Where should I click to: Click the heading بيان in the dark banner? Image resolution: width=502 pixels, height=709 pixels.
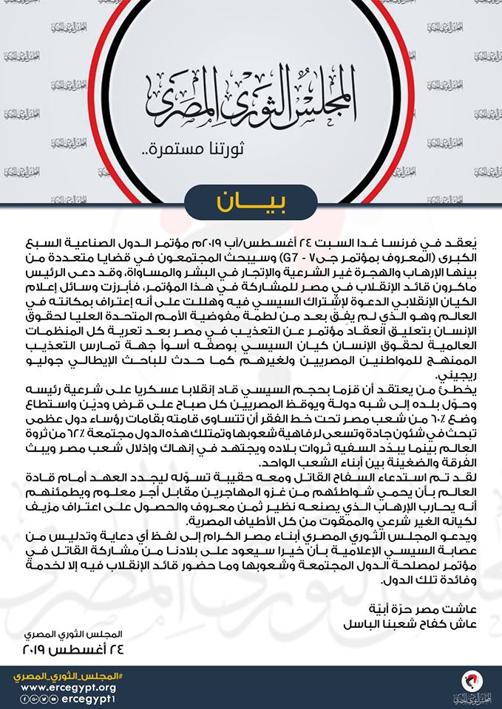251,201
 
